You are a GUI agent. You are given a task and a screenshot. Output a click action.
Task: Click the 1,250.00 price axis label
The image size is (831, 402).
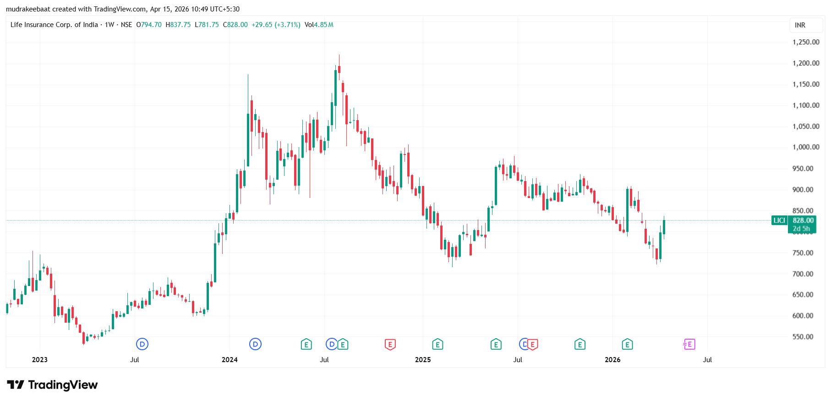point(806,42)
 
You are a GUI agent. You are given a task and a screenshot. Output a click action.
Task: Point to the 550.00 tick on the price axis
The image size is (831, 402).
point(806,337)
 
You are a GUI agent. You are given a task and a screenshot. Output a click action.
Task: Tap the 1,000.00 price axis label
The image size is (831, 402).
point(806,147)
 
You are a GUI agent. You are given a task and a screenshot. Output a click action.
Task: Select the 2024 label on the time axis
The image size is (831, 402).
point(230,360)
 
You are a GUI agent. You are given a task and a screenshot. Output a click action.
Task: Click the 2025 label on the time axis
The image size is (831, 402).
point(423,360)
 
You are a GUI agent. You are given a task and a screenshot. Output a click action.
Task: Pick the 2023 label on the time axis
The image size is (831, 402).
point(40,360)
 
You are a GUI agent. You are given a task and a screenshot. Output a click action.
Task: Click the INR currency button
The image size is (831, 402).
point(800,25)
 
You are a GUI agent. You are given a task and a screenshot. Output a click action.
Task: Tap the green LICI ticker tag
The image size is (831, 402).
point(779,220)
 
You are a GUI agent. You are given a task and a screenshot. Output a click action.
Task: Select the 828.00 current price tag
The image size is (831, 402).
point(803,220)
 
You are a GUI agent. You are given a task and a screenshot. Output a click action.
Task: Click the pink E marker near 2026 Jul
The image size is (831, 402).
point(689,344)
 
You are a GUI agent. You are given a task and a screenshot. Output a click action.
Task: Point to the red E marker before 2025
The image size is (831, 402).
point(390,344)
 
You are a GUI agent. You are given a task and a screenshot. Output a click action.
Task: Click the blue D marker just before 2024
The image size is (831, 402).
point(255,344)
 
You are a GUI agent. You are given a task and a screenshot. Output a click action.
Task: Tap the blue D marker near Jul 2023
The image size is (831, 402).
point(142,344)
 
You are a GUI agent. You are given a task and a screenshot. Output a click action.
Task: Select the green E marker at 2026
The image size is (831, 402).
point(627,344)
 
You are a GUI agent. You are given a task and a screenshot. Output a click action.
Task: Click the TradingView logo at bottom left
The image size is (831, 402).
point(52,385)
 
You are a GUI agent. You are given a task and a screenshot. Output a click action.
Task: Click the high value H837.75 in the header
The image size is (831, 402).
point(178,25)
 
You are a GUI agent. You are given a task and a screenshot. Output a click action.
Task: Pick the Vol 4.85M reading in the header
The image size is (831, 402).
point(319,25)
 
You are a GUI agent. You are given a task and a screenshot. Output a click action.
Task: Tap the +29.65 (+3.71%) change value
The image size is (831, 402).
point(276,25)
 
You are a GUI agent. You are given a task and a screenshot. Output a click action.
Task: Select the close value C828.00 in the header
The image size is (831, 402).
point(235,25)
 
